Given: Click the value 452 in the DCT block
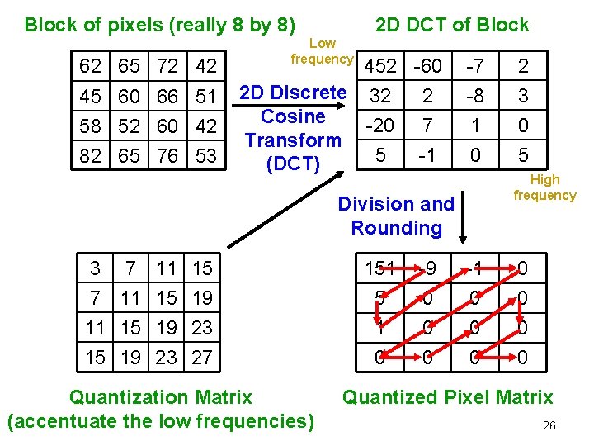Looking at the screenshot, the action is pyautogui.click(x=380, y=66).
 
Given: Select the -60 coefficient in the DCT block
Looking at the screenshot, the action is pyautogui.click(x=427, y=66).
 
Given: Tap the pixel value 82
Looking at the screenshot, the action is pyautogui.click(x=91, y=155).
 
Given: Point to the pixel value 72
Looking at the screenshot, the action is pyautogui.click(x=167, y=66).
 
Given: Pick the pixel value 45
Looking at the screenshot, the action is pyautogui.click(x=91, y=97).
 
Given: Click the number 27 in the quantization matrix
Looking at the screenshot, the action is pyautogui.click(x=202, y=358).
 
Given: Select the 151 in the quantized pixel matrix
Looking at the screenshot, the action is pyautogui.click(x=380, y=268).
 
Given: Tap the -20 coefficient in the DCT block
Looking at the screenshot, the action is pyautogui.click(x=379, y=126).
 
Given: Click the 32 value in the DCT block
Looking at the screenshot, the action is pyautogui.click(x=380, y=96).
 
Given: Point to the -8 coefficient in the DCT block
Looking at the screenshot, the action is pyautogui.click(x=474, y=96).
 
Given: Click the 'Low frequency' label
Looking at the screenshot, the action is pyautogui.click(x=322, y=51).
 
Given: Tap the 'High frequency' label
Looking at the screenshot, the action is pyautogui.click(x=544, y=187).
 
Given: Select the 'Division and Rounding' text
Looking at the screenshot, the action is pyautogui.click(x=396, y=215).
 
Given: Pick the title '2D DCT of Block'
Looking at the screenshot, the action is pyautogui.click(x=452, y=25).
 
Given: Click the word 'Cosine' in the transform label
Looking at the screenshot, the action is pyautogui.click(x=293, y=116).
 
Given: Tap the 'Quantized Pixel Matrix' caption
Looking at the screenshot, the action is pyautogui.click(x=447, y=397).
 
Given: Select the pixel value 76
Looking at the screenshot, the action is pyautogui.click(x=167, y=155).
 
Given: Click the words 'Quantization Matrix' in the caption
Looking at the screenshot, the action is pyautogui.click(x=160, y=397).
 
